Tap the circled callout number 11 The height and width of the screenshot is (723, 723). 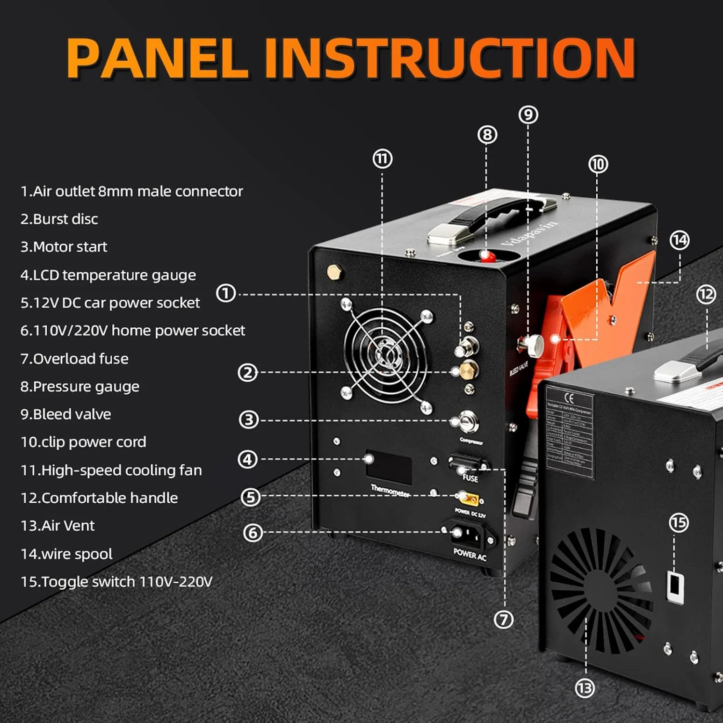point(383,159)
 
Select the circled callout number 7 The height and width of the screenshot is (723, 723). point(504,619)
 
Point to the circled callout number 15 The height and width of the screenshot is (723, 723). point(679,522)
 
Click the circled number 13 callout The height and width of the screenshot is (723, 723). point(585,688)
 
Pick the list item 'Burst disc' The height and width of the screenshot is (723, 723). point(59,219)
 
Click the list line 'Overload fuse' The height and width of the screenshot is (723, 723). point(75,359)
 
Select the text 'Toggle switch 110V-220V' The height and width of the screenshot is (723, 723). point(117,582)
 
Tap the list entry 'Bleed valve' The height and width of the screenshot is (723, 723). point(66,415)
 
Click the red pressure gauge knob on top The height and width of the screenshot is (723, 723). point(487,255)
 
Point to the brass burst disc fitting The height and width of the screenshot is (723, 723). point(467,370)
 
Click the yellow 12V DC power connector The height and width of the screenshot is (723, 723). point(468,497)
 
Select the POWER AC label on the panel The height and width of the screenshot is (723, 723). point(470,555)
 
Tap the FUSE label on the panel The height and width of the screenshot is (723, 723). point(470,478)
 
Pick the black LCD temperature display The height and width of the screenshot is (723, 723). point(388,467)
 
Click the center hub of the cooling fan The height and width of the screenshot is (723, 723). point(386,355)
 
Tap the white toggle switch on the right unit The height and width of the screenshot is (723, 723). point(675,587)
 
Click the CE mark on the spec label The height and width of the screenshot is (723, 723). point(569,398)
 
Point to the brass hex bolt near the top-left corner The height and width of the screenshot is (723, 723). point(334,272)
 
